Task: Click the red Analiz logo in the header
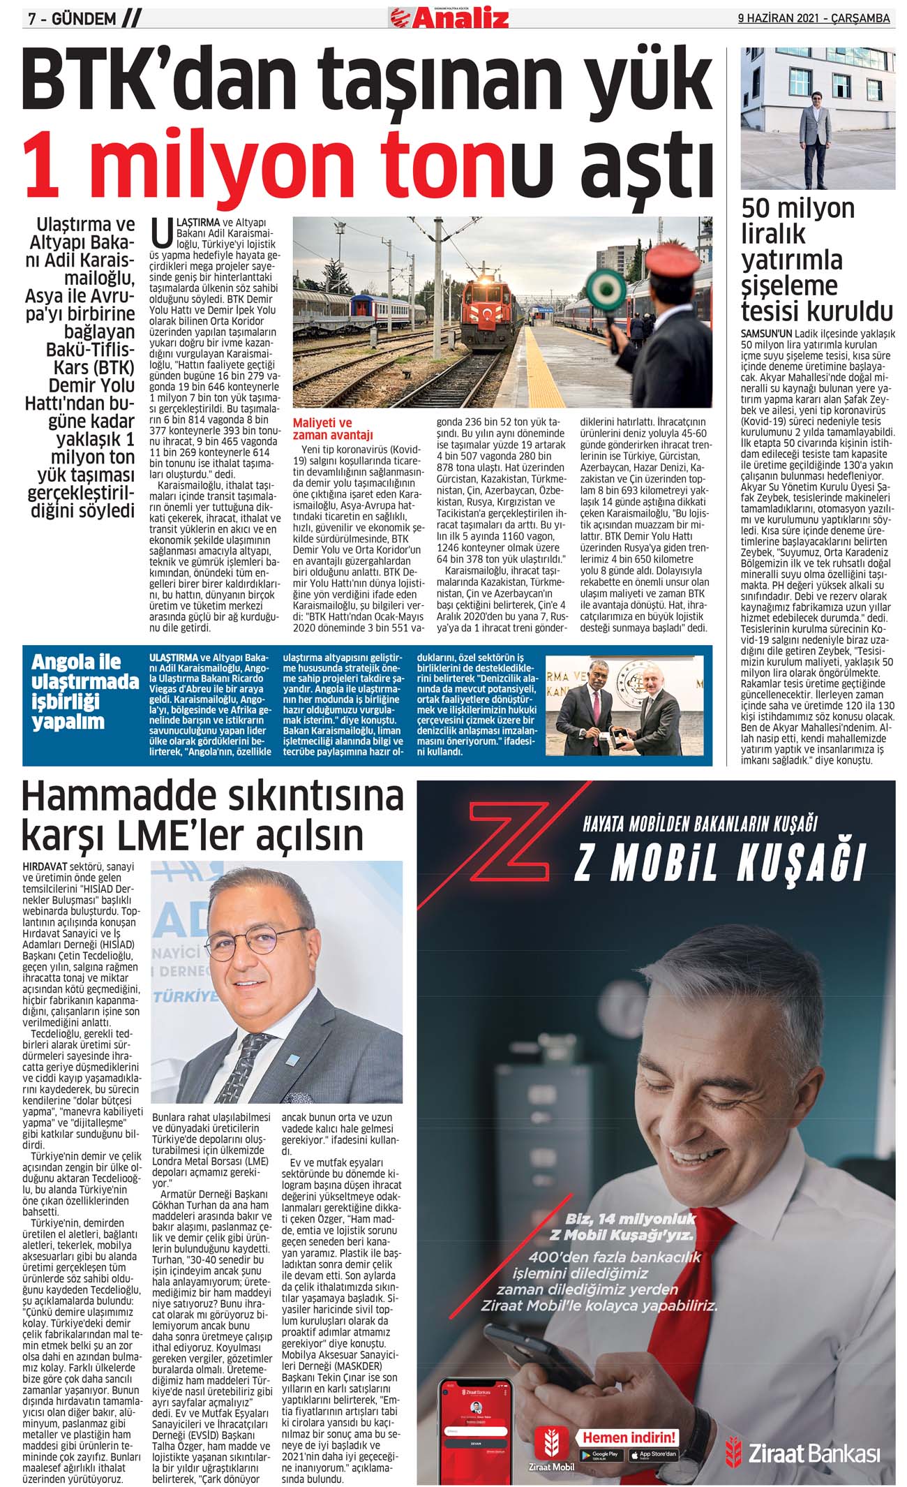click(449, 17)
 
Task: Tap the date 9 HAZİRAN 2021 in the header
click(781, 19)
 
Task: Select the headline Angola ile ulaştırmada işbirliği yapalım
click(84, 691)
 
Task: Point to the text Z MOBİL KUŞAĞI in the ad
click(719, 864)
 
